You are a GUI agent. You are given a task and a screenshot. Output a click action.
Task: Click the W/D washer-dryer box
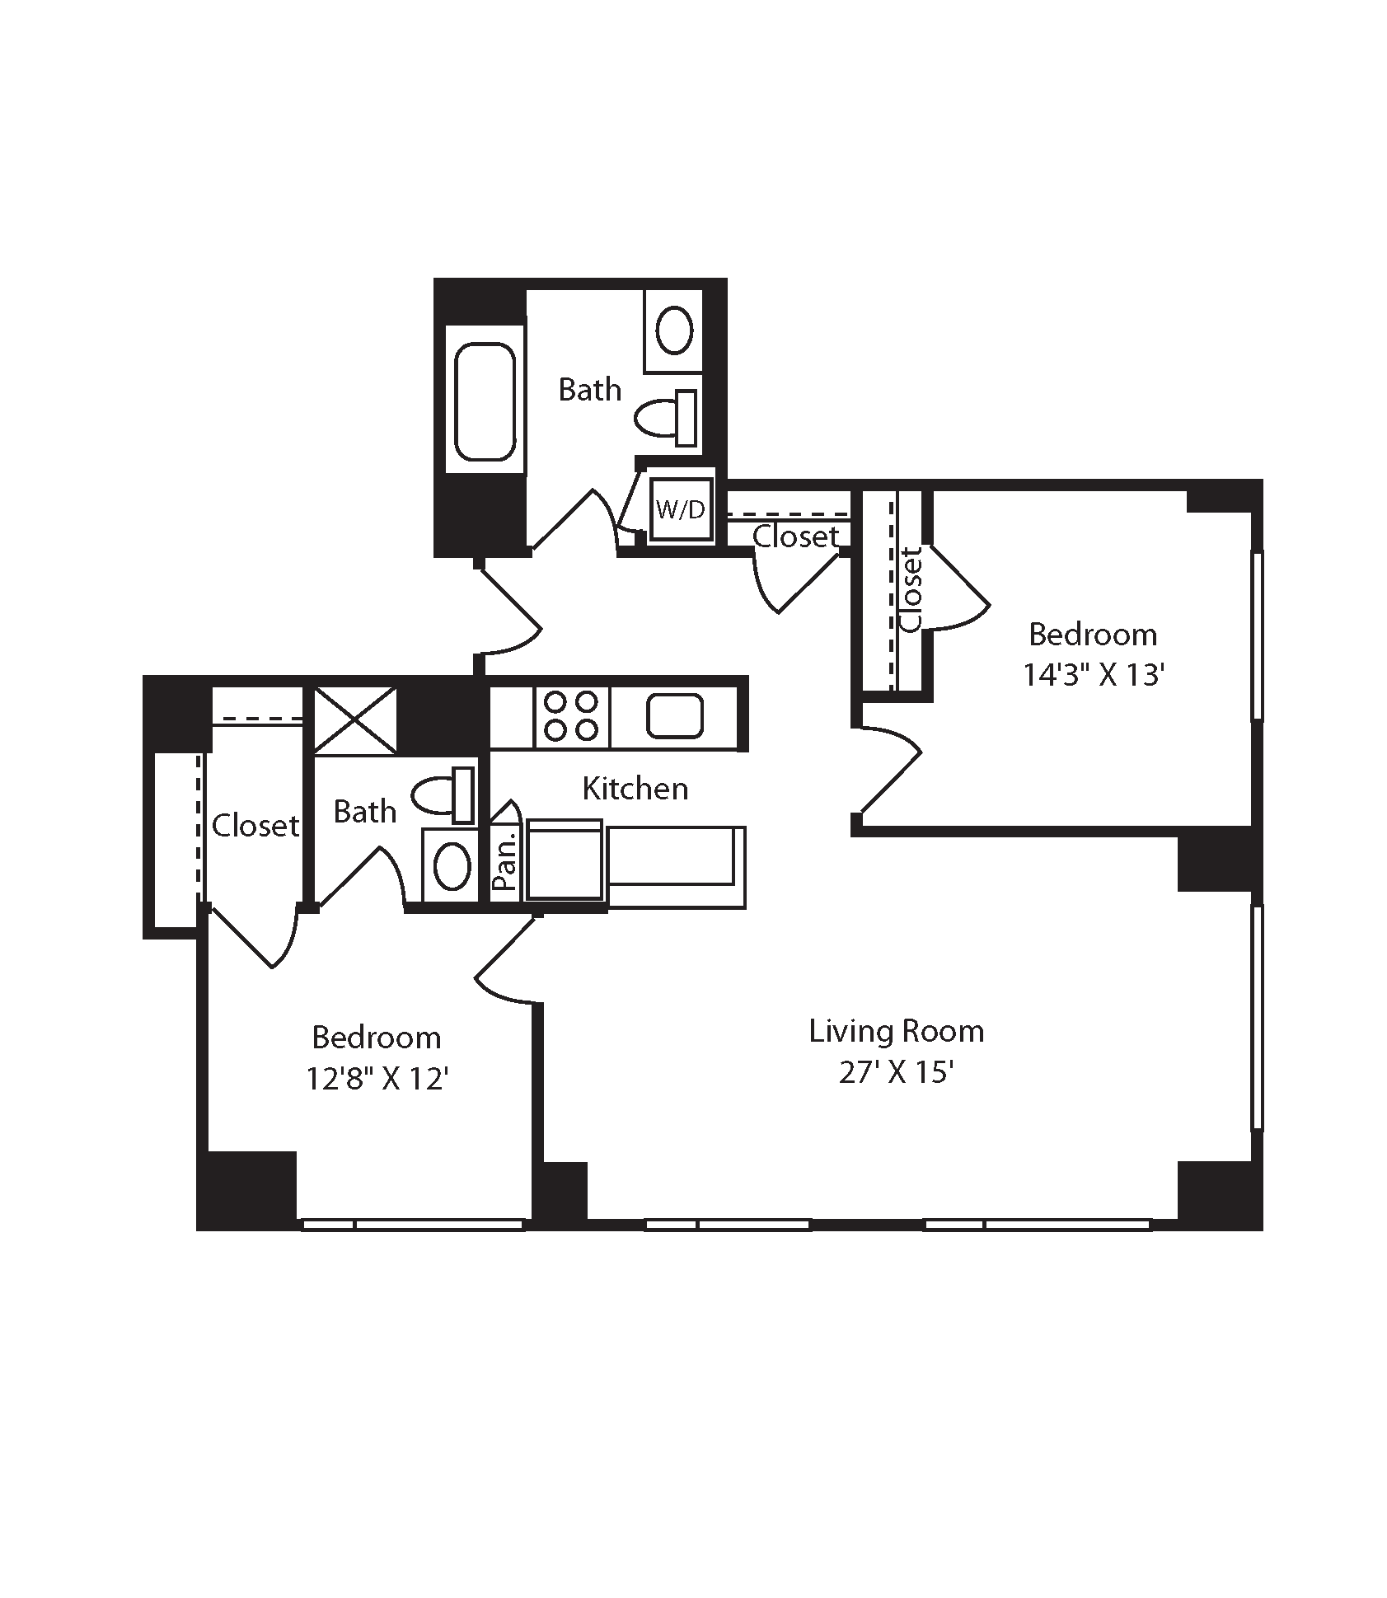pyautogui.click(x=681, y=509)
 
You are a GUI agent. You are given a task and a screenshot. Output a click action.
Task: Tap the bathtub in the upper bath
pyautogui.click(x=485, y=401)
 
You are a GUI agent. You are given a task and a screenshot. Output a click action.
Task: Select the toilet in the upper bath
pyautogui.click(x=666, y=418)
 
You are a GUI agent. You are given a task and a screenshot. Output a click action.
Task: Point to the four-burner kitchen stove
pyautogui.click(x=572, y=715)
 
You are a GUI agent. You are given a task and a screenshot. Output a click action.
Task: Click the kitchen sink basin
pyautogui.click(x=675, y=715)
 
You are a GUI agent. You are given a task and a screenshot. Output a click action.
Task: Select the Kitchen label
pyautogui.click(x=635, y=789)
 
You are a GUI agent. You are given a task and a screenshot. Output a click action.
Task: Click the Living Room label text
pyautogui.click(x=896, y=1031)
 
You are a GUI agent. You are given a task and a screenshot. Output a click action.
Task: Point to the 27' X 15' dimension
pyautogui.click(x=896, y=1073)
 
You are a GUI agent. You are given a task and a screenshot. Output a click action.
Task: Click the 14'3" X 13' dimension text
pyautogui.click(x=1093, y=675)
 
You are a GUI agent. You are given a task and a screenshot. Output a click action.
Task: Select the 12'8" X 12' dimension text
pyautogui.click(x=377, y=1078)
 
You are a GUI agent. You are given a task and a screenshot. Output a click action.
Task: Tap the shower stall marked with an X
pyautogui.click(x=355, y=719)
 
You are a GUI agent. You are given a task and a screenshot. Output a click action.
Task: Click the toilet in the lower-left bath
pyautogui.click(x=443, y=795)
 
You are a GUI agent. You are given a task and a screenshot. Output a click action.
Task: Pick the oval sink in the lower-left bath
pyautogui.click(x=452, y=865)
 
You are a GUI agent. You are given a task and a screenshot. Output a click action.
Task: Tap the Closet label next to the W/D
pyautogui.click(x=794, y=537)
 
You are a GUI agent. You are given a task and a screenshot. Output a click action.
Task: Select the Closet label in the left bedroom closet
pyautogui.click(x=255, y=825)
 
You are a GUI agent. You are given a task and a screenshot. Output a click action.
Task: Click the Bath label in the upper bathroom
pyautogui.click(x=590, y=389)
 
